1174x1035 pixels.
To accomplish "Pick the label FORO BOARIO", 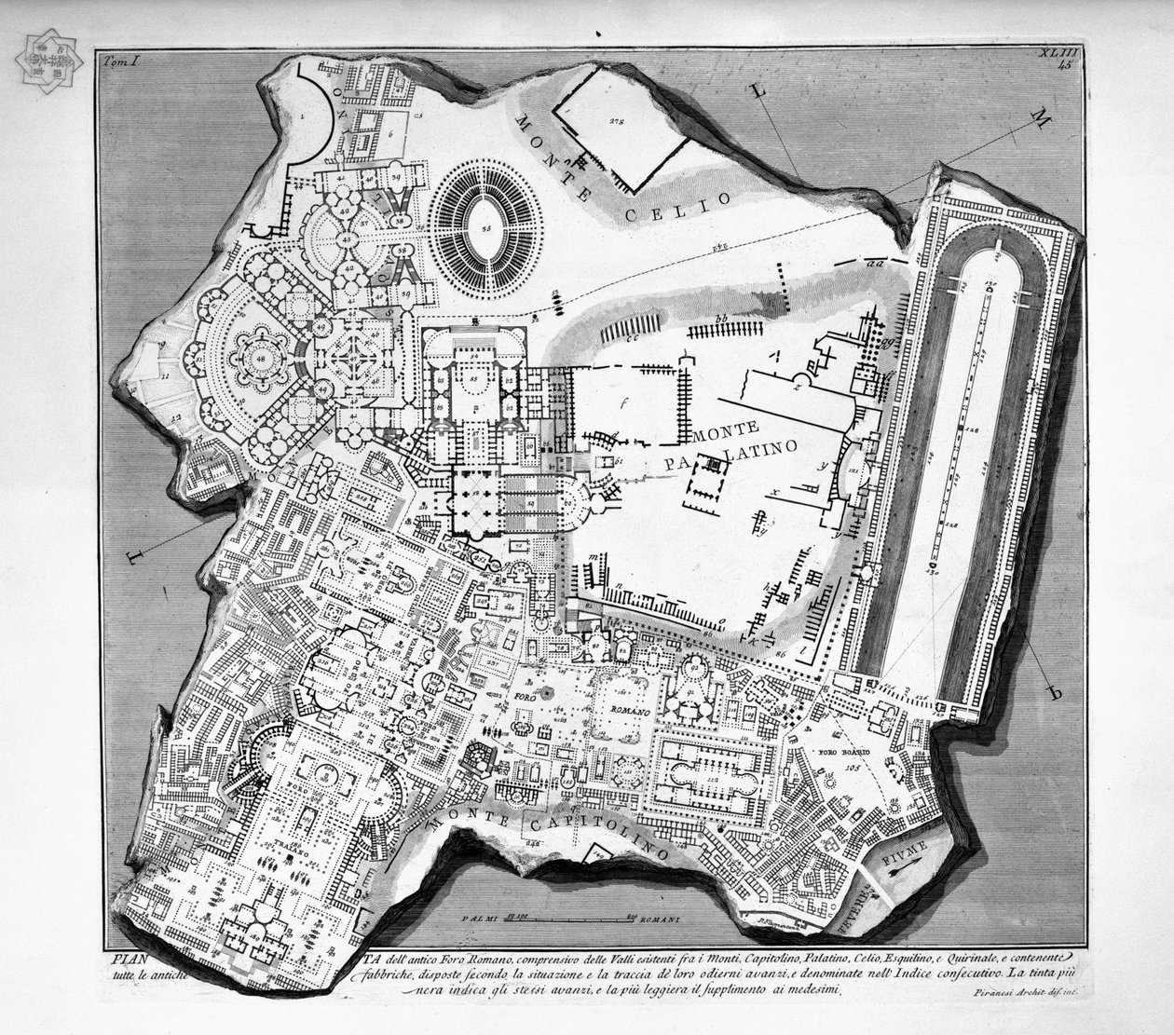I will point(844,751).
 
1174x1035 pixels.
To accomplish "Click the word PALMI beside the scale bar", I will point(481,919).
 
